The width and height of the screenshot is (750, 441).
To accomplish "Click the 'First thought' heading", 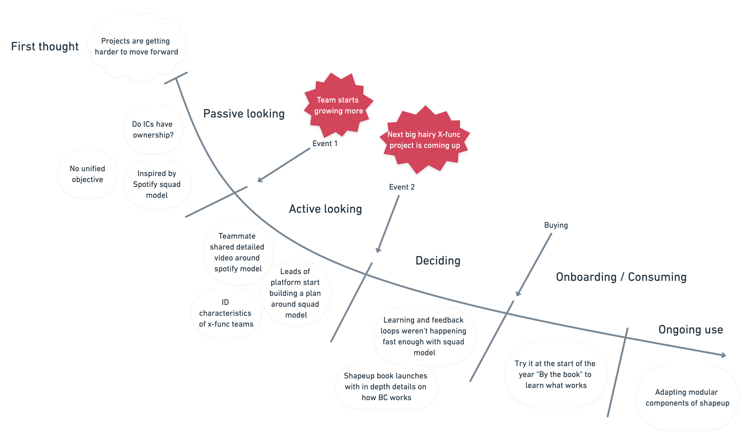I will [x=45, y=47].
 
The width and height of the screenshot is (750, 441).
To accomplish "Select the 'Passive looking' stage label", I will [x=244, y=114].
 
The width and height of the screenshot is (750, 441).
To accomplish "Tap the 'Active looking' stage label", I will [x=325, y=209].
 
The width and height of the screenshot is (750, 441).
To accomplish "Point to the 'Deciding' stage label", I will [x=438, y=261].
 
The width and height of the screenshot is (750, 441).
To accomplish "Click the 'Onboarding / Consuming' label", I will [x=621, y=277].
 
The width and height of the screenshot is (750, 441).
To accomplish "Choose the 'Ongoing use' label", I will [x=690, y=330].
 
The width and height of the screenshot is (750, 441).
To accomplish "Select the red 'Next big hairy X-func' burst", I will [x=425, y=140].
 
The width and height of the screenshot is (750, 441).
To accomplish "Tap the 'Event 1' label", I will [x=325, y=144].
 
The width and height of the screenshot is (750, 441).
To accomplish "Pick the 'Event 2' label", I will [x=402, y=187].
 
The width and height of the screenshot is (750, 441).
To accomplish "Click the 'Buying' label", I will [x=556, y=225].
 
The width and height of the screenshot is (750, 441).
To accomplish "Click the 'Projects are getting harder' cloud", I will [x=136, y=47].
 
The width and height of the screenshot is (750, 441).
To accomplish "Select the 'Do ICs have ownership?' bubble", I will [x=153, y=130].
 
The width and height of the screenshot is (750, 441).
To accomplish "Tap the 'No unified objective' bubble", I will [x=87, y=174].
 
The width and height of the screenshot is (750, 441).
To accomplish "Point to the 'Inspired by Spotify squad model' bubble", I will [x=157, y=184].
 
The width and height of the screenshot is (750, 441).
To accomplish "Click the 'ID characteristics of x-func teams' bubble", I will [x=226, y=313].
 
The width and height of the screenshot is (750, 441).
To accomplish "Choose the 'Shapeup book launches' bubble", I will [x=386, y=387].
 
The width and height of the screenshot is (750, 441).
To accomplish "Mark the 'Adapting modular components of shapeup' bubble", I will [x=687, y=397].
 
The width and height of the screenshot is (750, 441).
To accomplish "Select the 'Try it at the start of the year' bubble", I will [x=555, y=374].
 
